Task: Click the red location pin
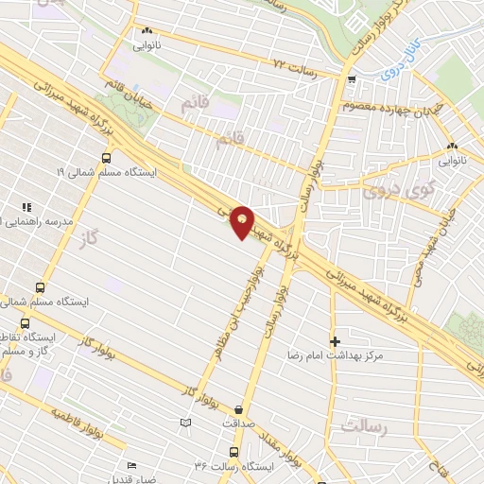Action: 243,221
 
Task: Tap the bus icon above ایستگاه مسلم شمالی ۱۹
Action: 105,158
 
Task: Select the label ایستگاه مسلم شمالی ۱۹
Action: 99,174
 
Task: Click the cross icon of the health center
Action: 334,340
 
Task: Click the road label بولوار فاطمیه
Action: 91,427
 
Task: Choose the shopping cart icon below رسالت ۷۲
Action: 351,79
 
